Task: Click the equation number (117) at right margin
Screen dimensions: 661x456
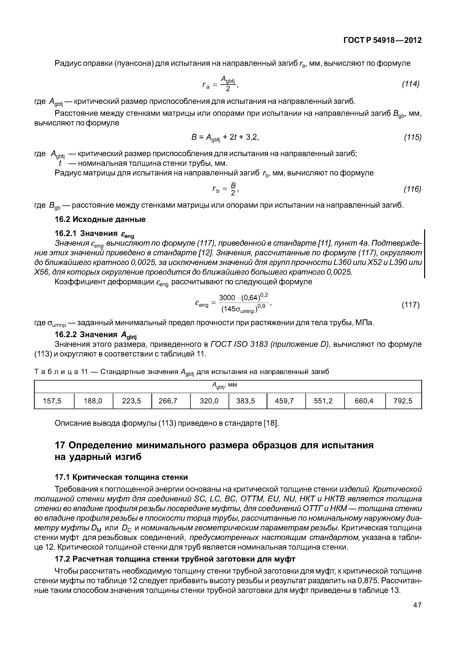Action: tap(411, 305)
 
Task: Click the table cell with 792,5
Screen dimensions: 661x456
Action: tap(403, 401)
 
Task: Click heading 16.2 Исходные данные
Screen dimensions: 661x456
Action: tap(100, 219)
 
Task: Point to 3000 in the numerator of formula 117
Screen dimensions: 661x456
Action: tap(227, 298)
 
